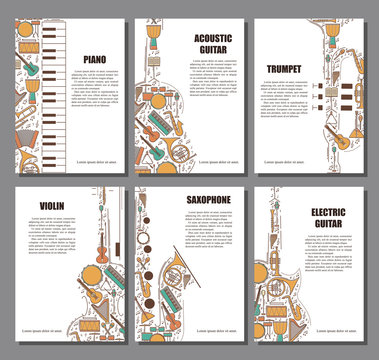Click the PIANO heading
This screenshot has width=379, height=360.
coord(96,60)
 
